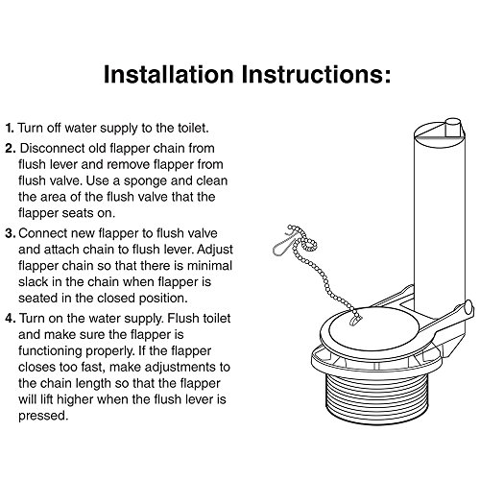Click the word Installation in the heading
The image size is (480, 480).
(x=169, y=74)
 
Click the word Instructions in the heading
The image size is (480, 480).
(x=316, y=74)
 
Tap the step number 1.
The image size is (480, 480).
(x=10, y=128)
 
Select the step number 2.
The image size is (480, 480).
(x=11, y=149)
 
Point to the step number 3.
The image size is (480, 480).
(x=11, y=233)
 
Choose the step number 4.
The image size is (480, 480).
(x=11, y=319)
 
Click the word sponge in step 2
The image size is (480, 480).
(x=146, y=181)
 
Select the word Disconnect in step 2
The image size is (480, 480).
(x=53, y=148)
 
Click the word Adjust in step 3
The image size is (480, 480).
(x=215, y=250)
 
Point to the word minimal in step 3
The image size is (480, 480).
(x=209, y=266)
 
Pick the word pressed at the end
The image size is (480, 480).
(x=43, y=417)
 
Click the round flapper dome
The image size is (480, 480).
(x=373, y=328)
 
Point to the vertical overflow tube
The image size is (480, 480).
(x=439, y=214)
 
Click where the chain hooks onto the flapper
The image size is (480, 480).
(x=355, y=320)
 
